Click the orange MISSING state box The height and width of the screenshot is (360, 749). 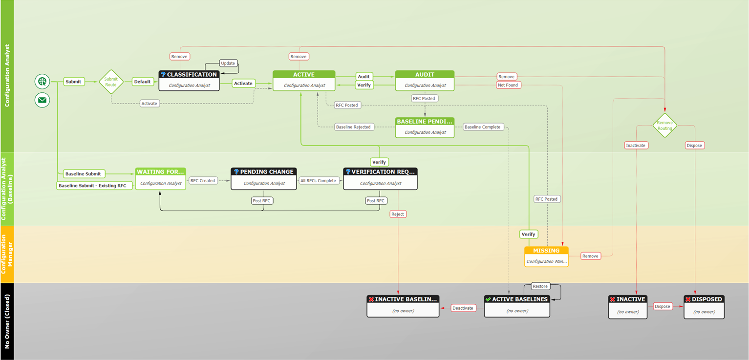[546, 256]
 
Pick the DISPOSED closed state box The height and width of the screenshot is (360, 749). [704, 306]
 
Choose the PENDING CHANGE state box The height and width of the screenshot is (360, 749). [264, 178]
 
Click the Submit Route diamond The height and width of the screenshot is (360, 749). [111, 82]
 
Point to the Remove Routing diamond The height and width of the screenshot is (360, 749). [664, 126]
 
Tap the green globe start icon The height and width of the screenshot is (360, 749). [42, 82]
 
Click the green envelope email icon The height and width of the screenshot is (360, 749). [42, 101]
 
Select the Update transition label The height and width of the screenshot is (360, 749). [228, 63]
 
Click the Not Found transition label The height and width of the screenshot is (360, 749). [508, 85]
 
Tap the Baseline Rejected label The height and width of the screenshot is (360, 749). [354, 127]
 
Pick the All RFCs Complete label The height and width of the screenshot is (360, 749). [318, 181]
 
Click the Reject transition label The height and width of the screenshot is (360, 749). [398, 214]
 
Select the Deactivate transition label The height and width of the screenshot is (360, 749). [463, 308]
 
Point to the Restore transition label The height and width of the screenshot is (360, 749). [540, 286]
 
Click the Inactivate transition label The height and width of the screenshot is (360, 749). [636, 145]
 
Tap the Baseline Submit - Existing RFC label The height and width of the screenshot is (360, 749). [92, 186]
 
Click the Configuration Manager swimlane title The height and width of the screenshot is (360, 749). [7, 254]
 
